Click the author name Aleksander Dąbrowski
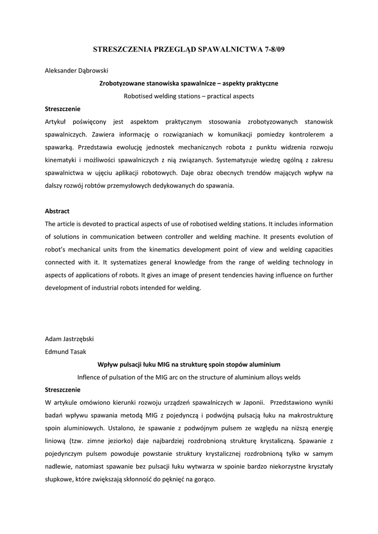point(77,70)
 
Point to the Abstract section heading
point(57,211)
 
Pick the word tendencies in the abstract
point(218,275)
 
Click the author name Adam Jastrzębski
point(70,338)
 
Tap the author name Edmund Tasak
point(65,351)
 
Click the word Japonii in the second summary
point(252,403)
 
